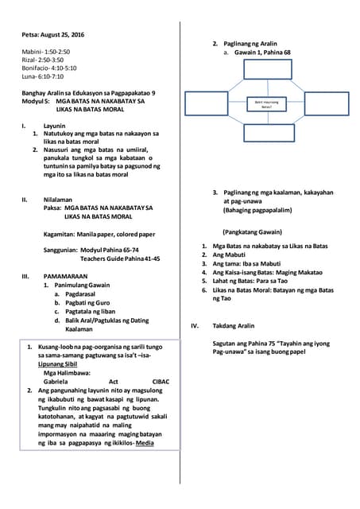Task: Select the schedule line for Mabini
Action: (x=47, y=52)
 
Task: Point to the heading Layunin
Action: (x=55, y=126)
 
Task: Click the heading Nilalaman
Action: (x=58, y=199)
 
